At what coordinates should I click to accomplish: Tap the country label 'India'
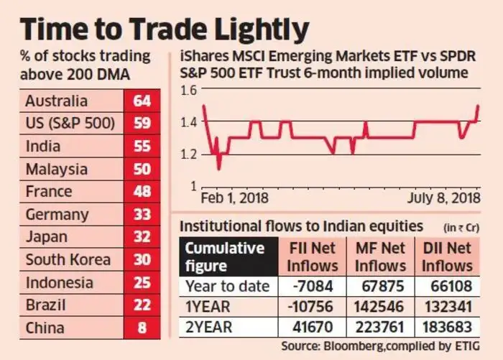pos(42,146)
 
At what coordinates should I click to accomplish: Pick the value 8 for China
pos(142,328)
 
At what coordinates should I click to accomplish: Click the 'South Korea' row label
pos(68,260)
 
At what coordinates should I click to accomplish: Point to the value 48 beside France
pos(142,192)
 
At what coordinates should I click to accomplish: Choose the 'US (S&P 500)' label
pos(69,123)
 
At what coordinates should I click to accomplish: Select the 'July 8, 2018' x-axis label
pos(443,198)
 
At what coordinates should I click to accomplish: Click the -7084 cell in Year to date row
pos(317,287)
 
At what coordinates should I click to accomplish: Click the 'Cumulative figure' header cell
pos(225,257)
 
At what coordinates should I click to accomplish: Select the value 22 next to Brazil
pos(142,306)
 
